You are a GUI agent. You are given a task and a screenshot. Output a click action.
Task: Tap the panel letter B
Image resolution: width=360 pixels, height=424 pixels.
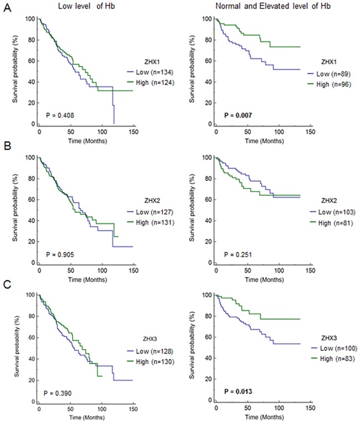[x=6, y=149]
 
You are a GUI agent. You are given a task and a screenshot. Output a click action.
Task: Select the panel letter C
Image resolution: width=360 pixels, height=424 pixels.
[x=6, y=288]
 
